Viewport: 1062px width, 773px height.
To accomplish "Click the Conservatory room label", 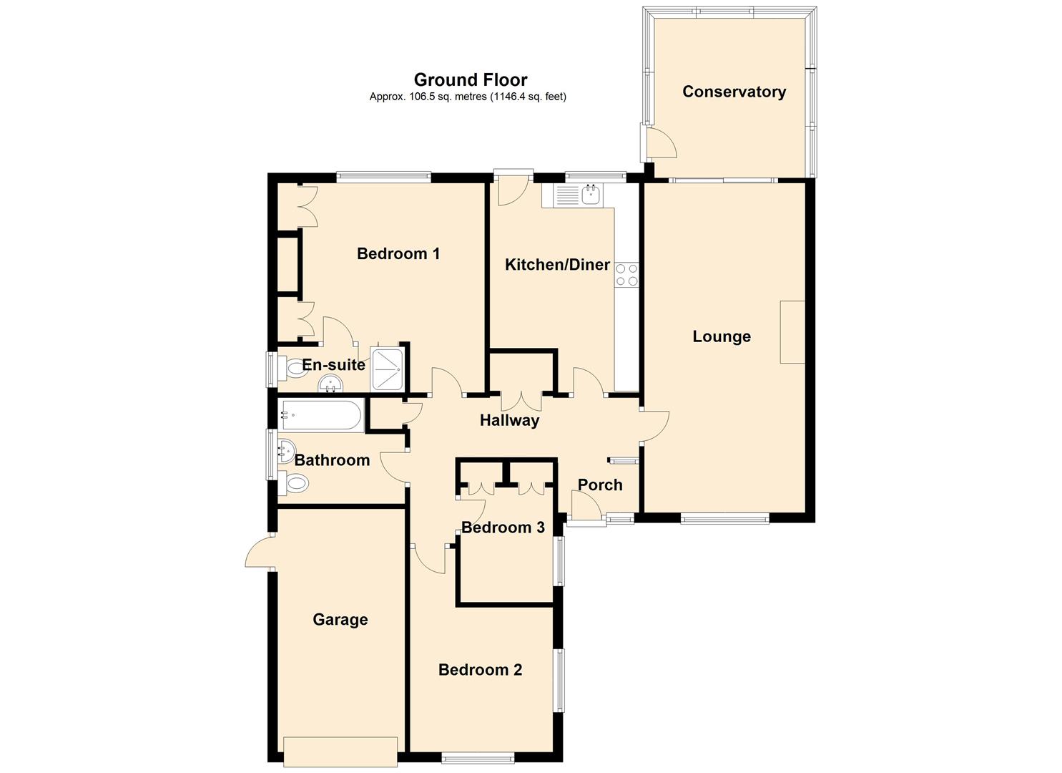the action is click(x=734, y=92).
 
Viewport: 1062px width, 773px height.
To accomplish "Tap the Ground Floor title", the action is click(x=471, y=79).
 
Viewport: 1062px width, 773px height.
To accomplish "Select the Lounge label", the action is click(x=722, y=336).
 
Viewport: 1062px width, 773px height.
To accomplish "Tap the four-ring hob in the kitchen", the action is click(x=626, y=276).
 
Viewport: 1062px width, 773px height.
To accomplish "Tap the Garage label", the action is click(x=340, y=620).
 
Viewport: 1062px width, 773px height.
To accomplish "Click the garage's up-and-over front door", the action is click(x=340, y=752).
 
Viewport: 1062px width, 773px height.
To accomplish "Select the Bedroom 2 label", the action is click(x=481, y=669).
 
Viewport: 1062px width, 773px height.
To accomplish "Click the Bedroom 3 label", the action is click(x=503, y=528).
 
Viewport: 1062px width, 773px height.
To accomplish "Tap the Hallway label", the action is click(x=510, y=420).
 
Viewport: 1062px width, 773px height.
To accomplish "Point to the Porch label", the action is click(x=600, y=485).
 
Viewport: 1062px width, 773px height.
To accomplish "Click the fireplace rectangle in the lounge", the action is click(x=792, y=332).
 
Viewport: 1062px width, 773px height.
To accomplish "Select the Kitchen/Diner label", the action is click(x=558, y=265).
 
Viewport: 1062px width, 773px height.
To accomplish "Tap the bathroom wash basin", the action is click(x=286, y=450).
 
